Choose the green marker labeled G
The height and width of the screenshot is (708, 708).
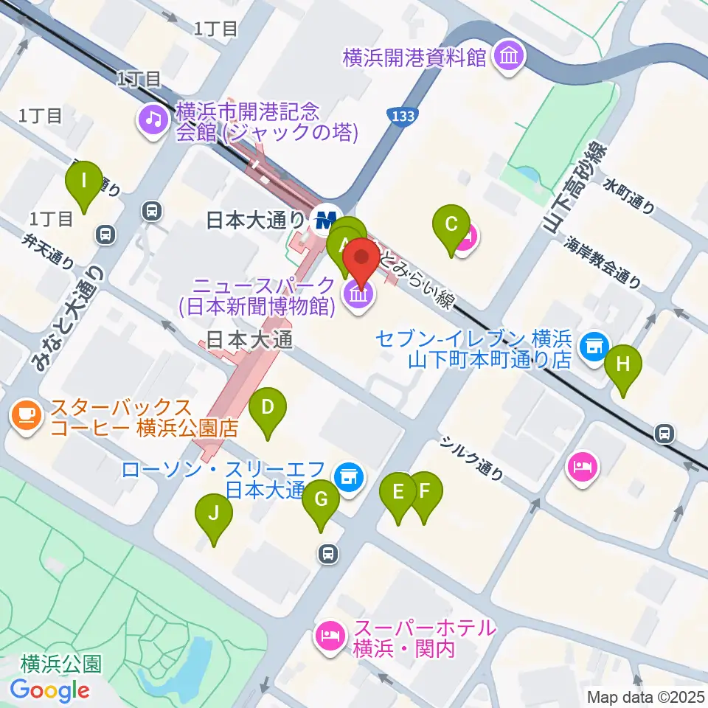[321, 499]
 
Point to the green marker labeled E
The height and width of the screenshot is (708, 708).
[398, 492]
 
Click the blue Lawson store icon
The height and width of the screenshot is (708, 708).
[348, 477]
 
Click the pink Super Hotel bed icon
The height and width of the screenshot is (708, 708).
[329, 635]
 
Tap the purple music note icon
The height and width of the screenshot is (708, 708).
[153, 118]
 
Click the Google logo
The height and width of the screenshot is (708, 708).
[49, 690]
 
